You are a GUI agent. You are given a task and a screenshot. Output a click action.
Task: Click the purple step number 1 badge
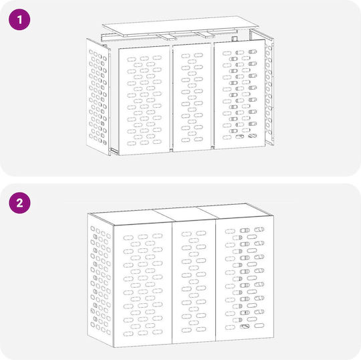click(19, 19)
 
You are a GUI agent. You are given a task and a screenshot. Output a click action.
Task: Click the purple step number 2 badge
click(19, 203)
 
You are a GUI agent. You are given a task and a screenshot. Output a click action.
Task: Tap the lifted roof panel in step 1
click(179, 26)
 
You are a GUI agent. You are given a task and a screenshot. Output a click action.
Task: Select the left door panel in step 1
click(144, 100)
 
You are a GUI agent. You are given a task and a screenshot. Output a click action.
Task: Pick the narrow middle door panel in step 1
click(192, 98)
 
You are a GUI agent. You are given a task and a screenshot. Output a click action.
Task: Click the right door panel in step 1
click(240, 94)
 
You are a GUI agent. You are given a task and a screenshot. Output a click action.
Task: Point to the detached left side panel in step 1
click(98, 97)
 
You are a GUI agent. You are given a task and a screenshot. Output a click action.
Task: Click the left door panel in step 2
click(143, 286)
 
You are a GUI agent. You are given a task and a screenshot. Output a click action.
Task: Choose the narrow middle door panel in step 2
click(194, 282)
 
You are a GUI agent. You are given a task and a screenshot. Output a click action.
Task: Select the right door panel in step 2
click(245, 278)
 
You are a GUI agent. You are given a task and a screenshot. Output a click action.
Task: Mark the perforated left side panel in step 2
click(100, 280)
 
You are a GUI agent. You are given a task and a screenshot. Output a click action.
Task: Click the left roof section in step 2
click(131, 217)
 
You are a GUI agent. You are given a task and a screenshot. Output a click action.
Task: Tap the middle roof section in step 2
click(185, 214)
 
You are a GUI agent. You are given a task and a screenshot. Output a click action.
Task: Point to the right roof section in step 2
click(235, 210)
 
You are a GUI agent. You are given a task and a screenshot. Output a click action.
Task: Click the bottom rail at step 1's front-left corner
click(114, 151)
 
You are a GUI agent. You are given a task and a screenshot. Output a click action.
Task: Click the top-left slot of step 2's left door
click(128, 238)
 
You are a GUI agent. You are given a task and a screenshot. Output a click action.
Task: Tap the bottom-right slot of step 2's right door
click(259, 325)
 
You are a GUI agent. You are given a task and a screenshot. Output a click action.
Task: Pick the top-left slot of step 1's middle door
click(186, 56)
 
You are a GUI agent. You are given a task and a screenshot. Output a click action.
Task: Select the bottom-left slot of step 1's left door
click(132, 143)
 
